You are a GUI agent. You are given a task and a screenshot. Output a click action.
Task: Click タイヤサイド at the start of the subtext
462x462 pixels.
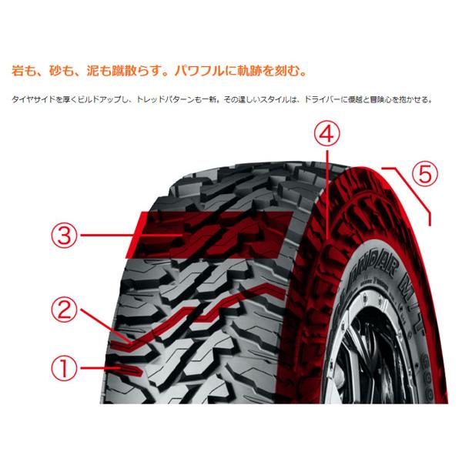pyautogui.click(x=32, y=99)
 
